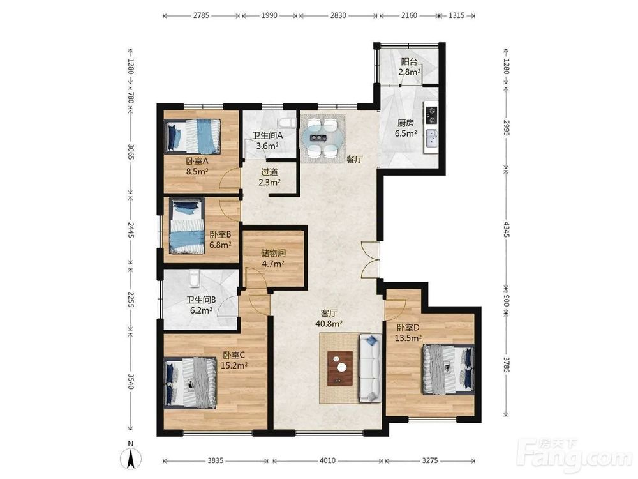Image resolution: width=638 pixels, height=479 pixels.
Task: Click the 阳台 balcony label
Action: tap(409, 62)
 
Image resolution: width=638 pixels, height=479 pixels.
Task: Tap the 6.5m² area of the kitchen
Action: tap(405, 133)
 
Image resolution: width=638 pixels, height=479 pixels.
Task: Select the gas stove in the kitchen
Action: tap(431, 114)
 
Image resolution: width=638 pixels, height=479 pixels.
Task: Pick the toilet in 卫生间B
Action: tap(195, 278)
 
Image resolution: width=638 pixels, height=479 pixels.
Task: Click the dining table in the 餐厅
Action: tap(323, 138)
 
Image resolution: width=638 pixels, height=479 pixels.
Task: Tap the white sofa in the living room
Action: tap(369, 368)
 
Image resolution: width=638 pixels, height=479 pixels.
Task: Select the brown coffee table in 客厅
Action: tap(340, 368)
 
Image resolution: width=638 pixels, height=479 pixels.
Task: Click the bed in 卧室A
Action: tap(193, 136)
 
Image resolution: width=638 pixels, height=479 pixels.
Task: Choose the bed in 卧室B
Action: tap(187, 225)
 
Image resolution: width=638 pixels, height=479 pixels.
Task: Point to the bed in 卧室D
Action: tap(448, 369)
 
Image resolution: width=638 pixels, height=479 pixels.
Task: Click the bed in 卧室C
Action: tap(190, 382)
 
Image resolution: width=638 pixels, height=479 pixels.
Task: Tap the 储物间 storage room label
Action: tap(274, 253)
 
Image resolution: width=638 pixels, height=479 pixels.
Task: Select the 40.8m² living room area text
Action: tap(329, 324)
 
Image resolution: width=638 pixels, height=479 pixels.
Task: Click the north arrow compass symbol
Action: tap(131, 456)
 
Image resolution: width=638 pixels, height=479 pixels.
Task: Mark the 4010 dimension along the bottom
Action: tap(327, 460)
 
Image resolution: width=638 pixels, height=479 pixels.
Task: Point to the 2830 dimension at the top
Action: tap(338, 15)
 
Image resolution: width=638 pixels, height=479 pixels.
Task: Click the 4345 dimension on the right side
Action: tap(507, 229)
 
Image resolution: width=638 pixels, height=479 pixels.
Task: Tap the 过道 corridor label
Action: tap(269, 172)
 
